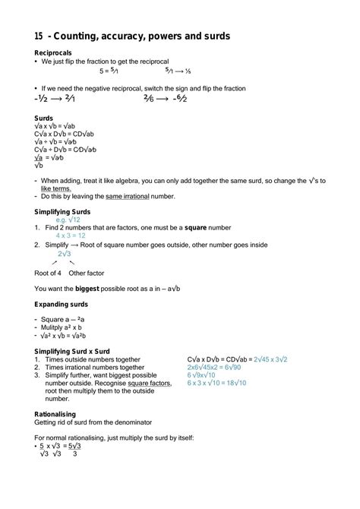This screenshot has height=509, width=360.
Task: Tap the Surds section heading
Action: point(43,119)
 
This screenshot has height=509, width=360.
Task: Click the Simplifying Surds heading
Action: point(65,211)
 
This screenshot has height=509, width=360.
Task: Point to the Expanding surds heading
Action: point(63,304)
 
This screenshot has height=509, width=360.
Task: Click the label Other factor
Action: point(87,272)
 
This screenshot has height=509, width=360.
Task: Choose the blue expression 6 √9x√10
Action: point(201,375)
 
